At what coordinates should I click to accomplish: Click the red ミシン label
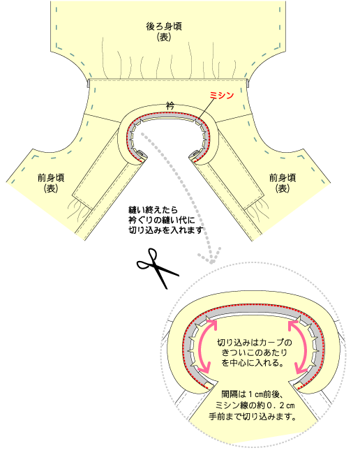[222, 95]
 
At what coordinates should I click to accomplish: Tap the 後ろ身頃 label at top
[164, 27]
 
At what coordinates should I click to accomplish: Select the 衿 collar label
[170, 105]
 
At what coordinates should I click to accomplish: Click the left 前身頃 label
[51, 177]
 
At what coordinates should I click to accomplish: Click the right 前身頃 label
[283, 177]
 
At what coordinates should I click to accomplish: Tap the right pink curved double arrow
[299, 345]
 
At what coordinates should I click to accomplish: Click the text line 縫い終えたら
[153, 209]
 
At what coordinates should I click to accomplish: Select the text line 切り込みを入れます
[165, 230]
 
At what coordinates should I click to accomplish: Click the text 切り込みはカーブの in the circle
[255, 343]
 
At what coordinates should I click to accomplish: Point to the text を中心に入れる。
[253, 363]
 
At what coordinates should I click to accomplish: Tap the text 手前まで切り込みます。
[253, 417]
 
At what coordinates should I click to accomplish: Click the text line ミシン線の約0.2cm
[255, 405]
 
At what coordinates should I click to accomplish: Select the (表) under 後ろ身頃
[164, 37]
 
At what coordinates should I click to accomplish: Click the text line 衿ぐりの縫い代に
[162, 220]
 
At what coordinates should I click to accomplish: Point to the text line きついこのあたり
[255, 352]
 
